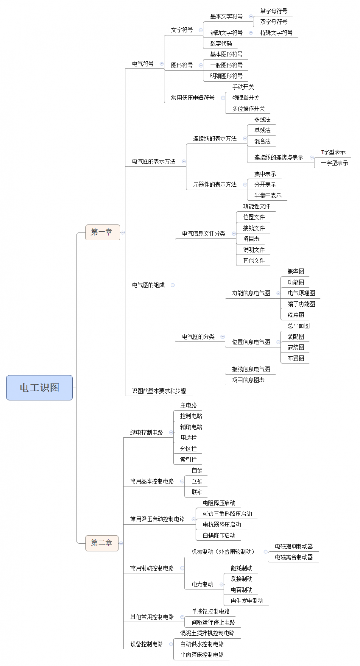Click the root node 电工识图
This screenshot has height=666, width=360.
pos(40,387)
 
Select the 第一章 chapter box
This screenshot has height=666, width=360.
pos(103,232)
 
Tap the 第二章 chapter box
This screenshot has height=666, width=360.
pos(102,543)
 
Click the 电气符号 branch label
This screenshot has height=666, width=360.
pos(143,63)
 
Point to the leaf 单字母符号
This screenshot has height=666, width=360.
pos(274,11)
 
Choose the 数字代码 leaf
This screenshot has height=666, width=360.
pos(220,43)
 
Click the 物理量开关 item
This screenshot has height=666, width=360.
pos(246,98)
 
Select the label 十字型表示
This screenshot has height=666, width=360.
pos(334,163)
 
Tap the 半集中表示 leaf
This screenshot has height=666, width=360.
pos(268,195)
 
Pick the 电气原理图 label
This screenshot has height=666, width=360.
pos(301,293)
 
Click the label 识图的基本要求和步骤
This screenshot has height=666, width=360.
pos(159,391)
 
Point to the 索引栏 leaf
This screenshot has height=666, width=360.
pos(188,459)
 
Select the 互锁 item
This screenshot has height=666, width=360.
pos(197,481)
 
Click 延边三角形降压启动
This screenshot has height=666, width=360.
pos(227,514)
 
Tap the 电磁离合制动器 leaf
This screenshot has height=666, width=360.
pos(294,557)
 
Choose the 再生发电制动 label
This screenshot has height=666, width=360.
pos(247,601)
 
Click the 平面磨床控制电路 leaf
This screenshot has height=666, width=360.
pos(202,655)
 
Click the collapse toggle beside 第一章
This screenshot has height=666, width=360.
pos(122,232)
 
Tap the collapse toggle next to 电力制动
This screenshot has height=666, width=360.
pos(221,584)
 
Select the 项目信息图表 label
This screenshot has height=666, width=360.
pos(248,380)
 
